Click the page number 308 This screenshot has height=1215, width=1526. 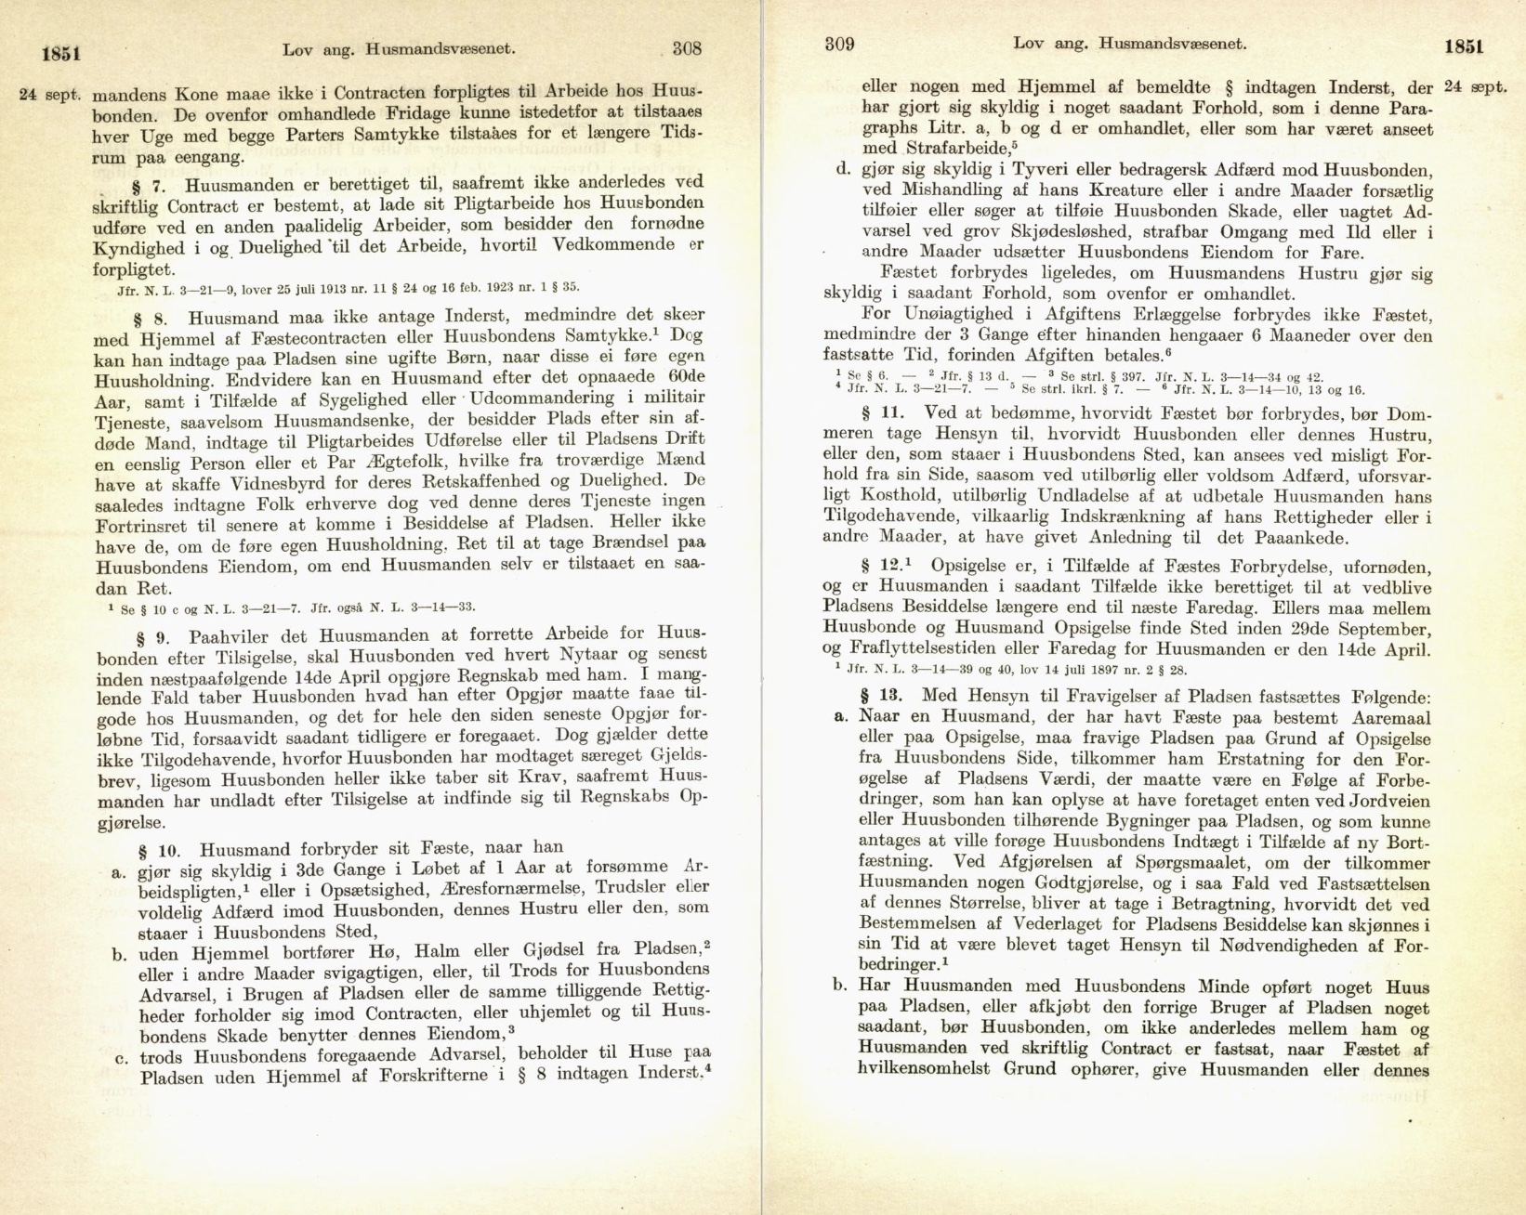pos(686,48)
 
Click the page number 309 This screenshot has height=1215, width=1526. pos(839,44)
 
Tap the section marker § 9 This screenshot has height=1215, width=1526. pos(153,638)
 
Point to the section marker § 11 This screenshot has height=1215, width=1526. pos(877,412)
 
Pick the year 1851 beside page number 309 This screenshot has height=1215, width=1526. pos(1464,46)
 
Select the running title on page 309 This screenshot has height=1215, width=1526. pos(1129,43)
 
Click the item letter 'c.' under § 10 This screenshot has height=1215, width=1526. pos(121,1057)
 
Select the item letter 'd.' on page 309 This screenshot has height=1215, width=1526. pos(844,170)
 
